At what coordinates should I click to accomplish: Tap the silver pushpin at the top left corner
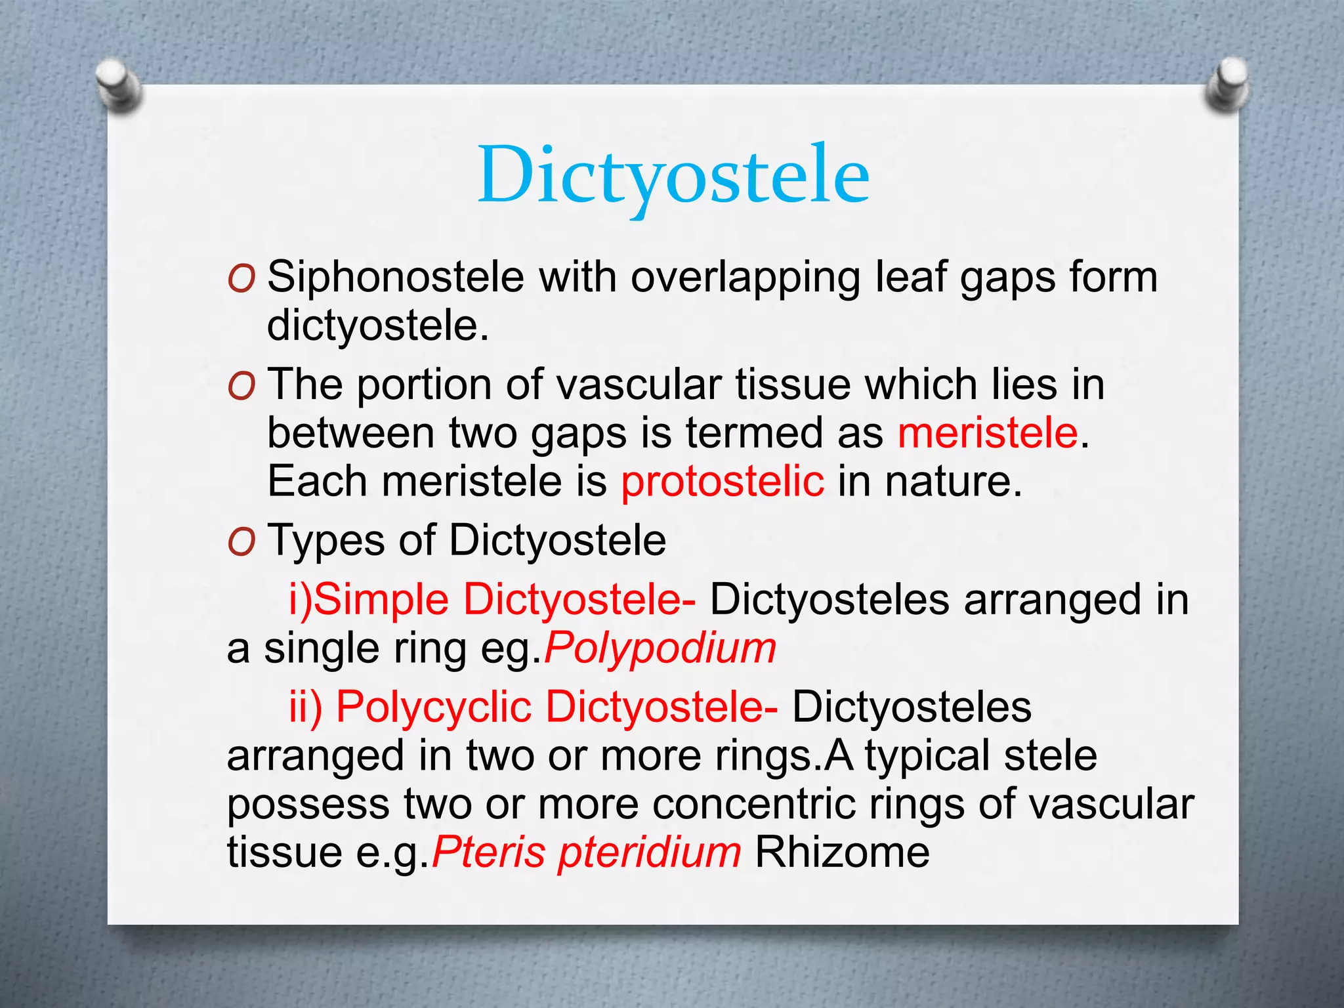tap(119, 84)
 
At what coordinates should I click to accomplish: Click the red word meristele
tap(988, 433)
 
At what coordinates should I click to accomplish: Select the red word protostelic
tap(723, 481)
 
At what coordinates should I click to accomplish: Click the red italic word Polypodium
tap(660, 648)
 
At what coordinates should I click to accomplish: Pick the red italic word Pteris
tap(489, 852)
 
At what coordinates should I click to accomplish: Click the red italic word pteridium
tap(650, 852)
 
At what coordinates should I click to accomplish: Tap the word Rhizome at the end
tap(842, 852)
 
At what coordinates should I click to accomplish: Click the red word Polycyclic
tap(434, 707)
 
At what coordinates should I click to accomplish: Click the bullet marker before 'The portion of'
tap(241, 387)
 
